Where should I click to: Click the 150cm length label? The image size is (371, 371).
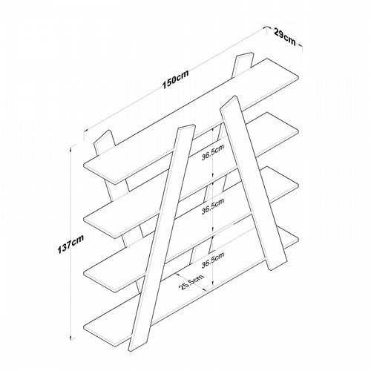point(175,79)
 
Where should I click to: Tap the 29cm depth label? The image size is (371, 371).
point(285,36)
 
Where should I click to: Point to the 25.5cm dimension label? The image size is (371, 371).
point(191,281)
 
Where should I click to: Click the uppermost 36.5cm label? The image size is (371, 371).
point(212,153)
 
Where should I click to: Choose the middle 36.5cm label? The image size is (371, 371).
point(212,206)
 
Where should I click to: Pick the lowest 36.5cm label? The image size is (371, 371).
point(212,260)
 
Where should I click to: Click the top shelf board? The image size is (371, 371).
point(191,121)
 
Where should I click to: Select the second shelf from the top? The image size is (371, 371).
point(191,175)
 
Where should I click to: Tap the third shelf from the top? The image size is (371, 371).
point(191,229)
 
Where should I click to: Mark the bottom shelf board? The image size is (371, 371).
point(191,283)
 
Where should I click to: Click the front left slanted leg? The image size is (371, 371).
point(162,239)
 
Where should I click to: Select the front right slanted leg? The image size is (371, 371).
point(254,183)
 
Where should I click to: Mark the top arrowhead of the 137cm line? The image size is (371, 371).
point(72,148)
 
